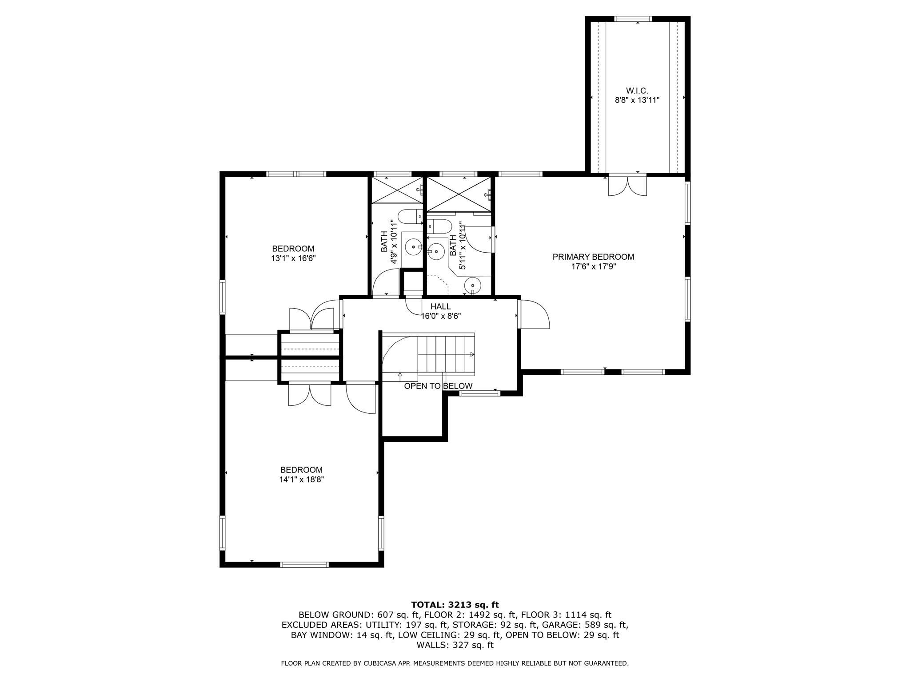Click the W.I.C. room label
coord(637,91)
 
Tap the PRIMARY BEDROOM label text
coord(593,257)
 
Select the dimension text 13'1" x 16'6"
coord(293,258)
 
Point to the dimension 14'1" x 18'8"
coord(301,480)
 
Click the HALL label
coord(440,306)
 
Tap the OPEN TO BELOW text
coord(438,386)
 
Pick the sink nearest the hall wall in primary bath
coord(473,285)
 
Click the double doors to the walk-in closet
coord(627,186)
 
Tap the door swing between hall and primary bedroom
coord(535,314)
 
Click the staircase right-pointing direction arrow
coord(472,354)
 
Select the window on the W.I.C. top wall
coord(633,19)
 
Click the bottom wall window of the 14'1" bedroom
coord(304,565)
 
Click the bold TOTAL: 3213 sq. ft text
coord(455,605)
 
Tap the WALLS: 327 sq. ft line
coord(455,645)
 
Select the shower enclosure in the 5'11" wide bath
coord(459,194)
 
